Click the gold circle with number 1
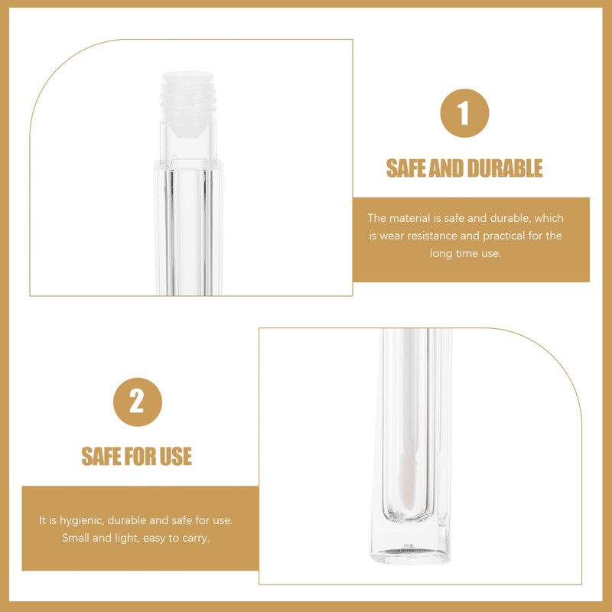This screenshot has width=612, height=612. point(464,113)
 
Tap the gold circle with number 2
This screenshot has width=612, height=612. point(138,402)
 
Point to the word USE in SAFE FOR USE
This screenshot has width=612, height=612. point(175,457)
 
